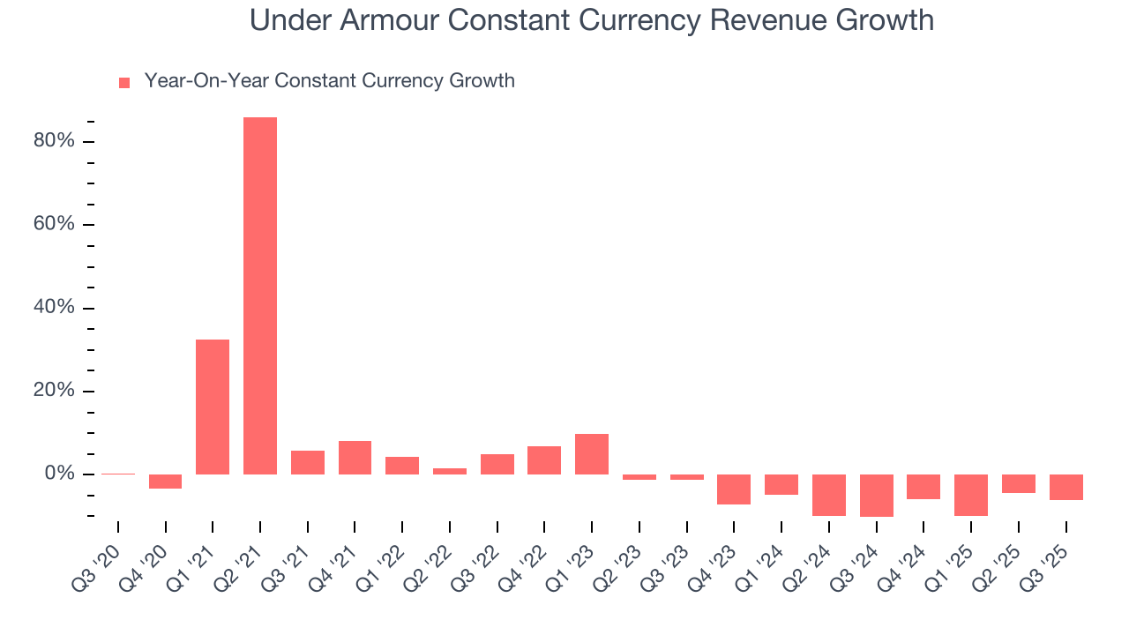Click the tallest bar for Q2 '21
tap(260, 295)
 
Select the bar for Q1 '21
tap(213, 407)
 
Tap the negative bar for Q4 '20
tap(165, 482)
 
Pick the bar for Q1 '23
tap(592, 454)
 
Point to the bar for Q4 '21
tap(355, 458)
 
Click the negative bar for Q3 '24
tap(876, 496)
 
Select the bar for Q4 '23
tap(734, 489)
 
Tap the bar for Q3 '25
tap(1065, 488)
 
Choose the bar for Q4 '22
tap(544, 460)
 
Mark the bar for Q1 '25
tap(971, 495)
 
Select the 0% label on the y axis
tap(60, 474)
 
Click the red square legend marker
tap(124, 83)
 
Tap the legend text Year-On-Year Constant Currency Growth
tap(329, 81)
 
